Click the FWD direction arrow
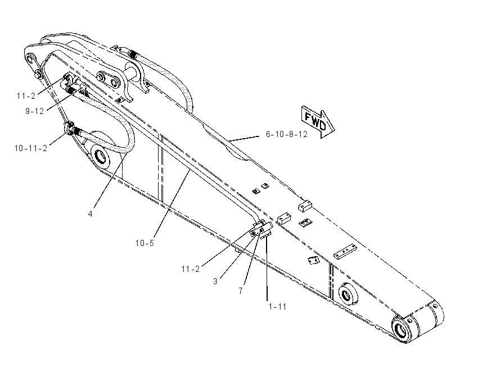(318, 122)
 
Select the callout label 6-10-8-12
(287, 134)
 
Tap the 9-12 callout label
(34, 111)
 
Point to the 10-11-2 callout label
(31, 148)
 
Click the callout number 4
(90, 214)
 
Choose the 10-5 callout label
(145, 243)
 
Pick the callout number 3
(215, 281)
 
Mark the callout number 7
(241, 291)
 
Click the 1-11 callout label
(277, 307)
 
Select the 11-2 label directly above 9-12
(26, 96)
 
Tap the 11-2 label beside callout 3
(191, 269)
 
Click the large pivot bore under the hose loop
(101, 157)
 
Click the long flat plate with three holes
(345, 252)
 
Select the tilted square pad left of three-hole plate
(313, 260)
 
